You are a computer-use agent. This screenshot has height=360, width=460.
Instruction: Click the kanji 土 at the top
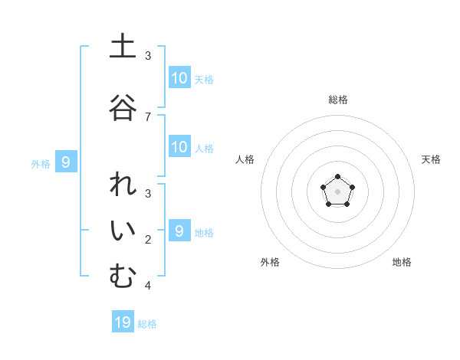pos(122,47)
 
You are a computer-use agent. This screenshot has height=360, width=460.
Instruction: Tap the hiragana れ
pos(122,187)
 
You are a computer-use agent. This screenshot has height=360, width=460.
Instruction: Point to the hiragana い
pos(122,233)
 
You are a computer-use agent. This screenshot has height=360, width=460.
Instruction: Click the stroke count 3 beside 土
pos(148,56)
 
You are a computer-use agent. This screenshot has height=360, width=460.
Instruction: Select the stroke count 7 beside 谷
pos(148,116)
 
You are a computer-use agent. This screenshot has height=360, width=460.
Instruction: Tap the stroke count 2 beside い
pos(148,241)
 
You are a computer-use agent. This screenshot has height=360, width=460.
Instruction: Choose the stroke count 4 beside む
pos(148,286)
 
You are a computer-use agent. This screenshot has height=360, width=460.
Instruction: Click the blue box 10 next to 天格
pos(179,78)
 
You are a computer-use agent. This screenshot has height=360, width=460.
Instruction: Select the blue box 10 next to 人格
pos(179,147)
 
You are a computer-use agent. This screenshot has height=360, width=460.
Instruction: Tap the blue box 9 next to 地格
pos(179,231)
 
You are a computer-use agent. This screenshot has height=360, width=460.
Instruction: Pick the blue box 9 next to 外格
pos(66,162)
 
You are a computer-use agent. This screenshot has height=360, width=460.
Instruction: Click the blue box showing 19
pos(123,322)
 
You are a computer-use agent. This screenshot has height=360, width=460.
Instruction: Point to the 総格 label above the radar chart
pos(338,100)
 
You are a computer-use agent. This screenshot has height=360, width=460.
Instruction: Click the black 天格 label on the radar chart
pos(431,159)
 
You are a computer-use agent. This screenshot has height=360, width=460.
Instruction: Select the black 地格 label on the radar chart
pos(402,262)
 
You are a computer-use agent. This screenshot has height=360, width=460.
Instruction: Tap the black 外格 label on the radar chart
pos(270,262)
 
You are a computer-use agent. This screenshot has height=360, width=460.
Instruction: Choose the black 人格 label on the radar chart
pos(245,159)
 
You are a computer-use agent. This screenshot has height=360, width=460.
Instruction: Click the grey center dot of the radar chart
pos(337,191)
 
